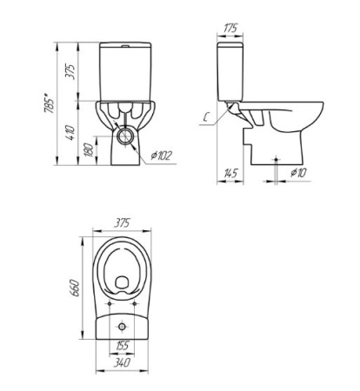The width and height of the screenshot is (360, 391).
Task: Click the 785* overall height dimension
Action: [x=50, y=103]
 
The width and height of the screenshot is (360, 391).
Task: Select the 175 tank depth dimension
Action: [x=230, y=29]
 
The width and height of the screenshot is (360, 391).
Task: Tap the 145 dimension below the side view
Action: [x=230, y=174]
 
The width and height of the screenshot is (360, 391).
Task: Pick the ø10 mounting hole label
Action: [x=298, y=174]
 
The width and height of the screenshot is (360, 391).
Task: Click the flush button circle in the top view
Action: [x=125, y=324]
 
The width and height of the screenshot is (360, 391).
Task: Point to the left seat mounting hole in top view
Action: [x=108, y=305]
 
